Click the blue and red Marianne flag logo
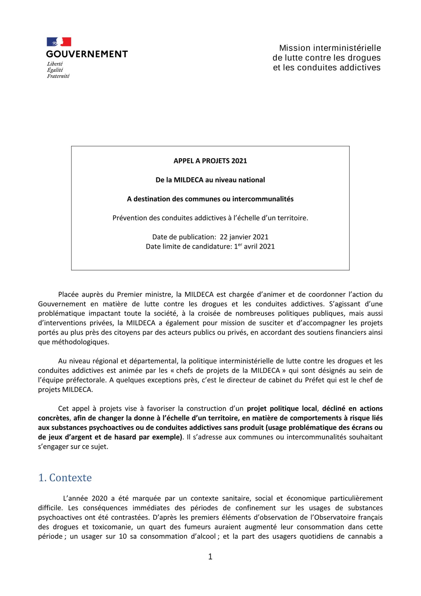59,42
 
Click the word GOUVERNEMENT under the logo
87,54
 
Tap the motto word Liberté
55,64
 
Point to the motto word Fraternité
58,76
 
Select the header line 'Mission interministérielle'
330,48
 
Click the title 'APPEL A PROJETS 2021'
210,161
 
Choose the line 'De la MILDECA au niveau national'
210,180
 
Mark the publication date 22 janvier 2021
244,237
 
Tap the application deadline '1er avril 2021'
254,247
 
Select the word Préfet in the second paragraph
315,380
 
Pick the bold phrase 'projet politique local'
282,409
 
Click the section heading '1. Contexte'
65,478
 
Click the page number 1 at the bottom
210,557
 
